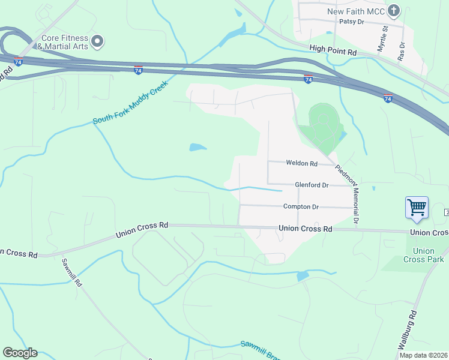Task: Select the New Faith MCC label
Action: tap(355, 11)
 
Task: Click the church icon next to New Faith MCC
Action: tap(394, 10)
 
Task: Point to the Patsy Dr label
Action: tap(352, 22)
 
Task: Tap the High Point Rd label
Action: tap(333, 53)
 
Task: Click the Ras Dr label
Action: tap(402, 51)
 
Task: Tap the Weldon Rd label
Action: tap(301, 163)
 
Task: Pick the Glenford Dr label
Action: tap(312, 185)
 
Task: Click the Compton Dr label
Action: tap(300, 207)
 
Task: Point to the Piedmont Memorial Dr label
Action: tap(348, 194)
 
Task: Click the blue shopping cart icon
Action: tap(417, 208)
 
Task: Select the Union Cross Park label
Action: tap(424, 255)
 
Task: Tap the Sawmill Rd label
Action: tap(70, 274)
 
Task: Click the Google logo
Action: tap(20, 353)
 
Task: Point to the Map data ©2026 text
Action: tap(423, 355)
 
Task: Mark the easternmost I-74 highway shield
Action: tap(388, 97)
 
